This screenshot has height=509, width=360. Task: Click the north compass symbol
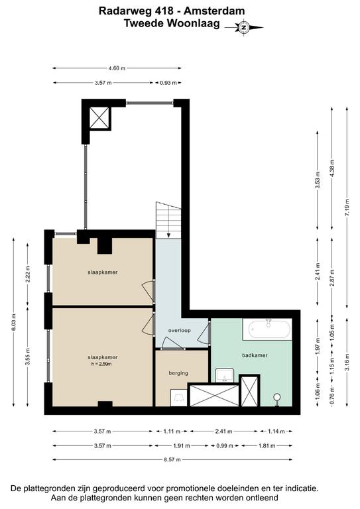pyautogui.click(x=244, y=27)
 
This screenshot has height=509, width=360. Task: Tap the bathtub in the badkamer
pyautogui.click(x=269, y=329)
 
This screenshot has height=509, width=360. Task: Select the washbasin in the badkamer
pyautogui.click(x=224, y=375)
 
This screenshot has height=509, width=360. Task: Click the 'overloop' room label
pyautogui.click(x=180, y=331)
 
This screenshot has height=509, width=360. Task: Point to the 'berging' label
pyautogui.click(x=178, y=373)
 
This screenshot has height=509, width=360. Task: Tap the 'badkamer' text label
pyautogui.click(x=255, y=355)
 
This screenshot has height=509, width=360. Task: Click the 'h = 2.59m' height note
pyautogui.click(x=102, y=364)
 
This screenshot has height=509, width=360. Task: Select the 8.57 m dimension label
pyautogui.click(x=172, y=459)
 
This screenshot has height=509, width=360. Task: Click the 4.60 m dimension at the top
pyautogui.click(x=117, y=68)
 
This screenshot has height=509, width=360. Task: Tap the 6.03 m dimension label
pyautogui.click(x=14, y=322)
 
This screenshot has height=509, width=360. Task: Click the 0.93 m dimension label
pyautogui.click(x=168, y=82)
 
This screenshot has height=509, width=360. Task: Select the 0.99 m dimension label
pyautogui.click(x=225, y=445)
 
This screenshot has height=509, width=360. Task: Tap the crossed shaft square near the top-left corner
pyautogui.click(x=99, y=118)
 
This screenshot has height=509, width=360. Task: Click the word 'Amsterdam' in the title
pyautogui.click(x=214, y=11)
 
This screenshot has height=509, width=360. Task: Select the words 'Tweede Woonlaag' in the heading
pyautogui.click(x=172, y=23)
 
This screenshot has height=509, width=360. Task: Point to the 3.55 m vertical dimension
pyautogui.click(x=28, y=356)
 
